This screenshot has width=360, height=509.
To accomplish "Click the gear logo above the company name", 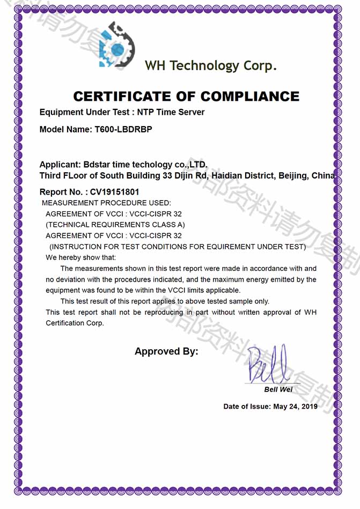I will pyautogui.click(x=116, y=46).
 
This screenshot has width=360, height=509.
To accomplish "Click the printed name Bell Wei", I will pyautogui.click(x=278, y=389).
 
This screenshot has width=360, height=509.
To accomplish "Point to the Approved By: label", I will pyautogui.click(x=166, y=352).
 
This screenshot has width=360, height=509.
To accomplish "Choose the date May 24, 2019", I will pyautogui.click(x=295, y=407).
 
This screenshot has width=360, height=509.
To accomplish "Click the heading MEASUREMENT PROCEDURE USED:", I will pyautogui.click(x=106, y=203).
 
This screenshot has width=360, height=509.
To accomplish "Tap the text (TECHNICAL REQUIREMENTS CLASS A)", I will pyautogui.click(x=115, y=225).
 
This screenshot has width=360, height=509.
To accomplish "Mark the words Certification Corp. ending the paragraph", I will pyautogui.click(x=75, y=323).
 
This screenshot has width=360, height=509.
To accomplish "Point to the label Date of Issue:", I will pyautogui.click(x=247, y=407).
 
